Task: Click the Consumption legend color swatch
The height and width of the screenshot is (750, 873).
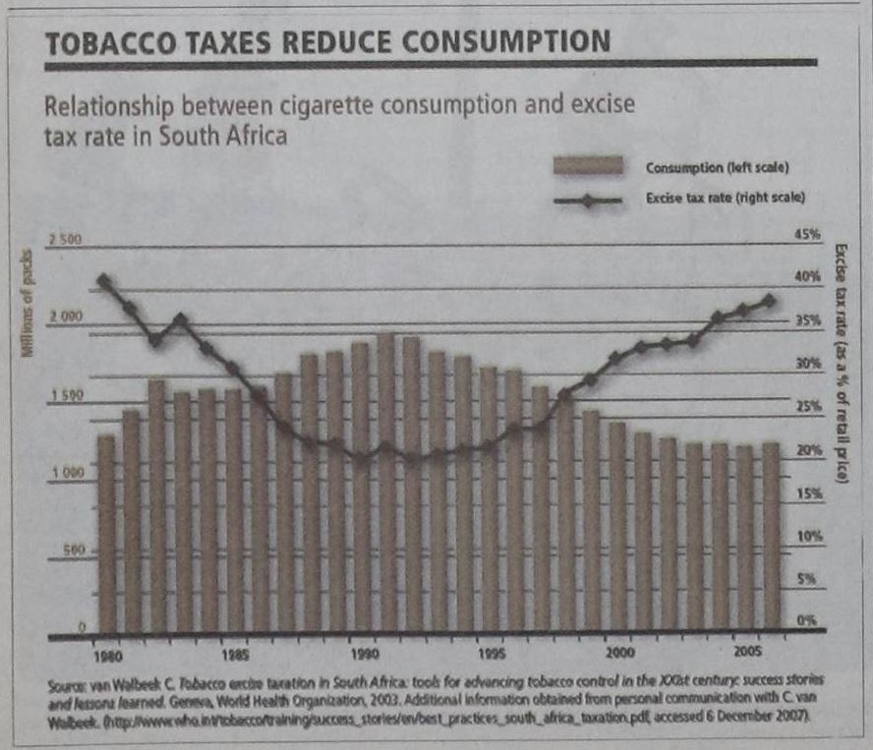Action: coord(588,166)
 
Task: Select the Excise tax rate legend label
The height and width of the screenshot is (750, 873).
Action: coord(726,198)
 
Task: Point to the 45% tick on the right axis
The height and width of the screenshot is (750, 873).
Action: coord(806,234)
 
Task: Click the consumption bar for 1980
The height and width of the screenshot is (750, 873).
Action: coord(106,531)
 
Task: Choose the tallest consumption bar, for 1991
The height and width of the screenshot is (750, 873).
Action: coord(386,482)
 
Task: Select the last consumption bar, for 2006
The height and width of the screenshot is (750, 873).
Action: coord(772,536)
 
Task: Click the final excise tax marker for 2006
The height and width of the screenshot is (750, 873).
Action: coord(770,301)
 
